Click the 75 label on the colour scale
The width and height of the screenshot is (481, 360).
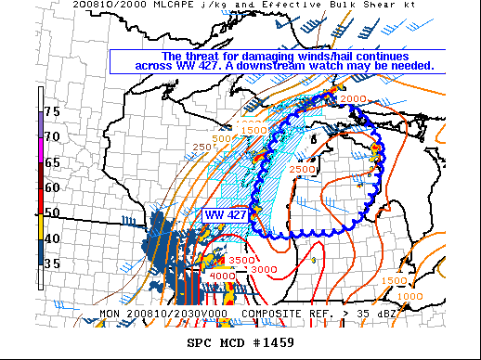54,111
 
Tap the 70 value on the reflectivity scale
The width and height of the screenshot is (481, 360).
54,136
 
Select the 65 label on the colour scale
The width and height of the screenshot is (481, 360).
54,161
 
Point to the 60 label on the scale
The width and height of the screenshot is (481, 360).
54,186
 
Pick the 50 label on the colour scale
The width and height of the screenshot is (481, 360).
54,212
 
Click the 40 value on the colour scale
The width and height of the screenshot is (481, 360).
54,238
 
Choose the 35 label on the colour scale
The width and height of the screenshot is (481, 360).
54,264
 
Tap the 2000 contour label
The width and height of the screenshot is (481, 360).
352,99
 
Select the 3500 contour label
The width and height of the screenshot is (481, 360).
241,261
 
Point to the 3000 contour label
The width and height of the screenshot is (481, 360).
264,269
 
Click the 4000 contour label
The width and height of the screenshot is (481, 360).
222,276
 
